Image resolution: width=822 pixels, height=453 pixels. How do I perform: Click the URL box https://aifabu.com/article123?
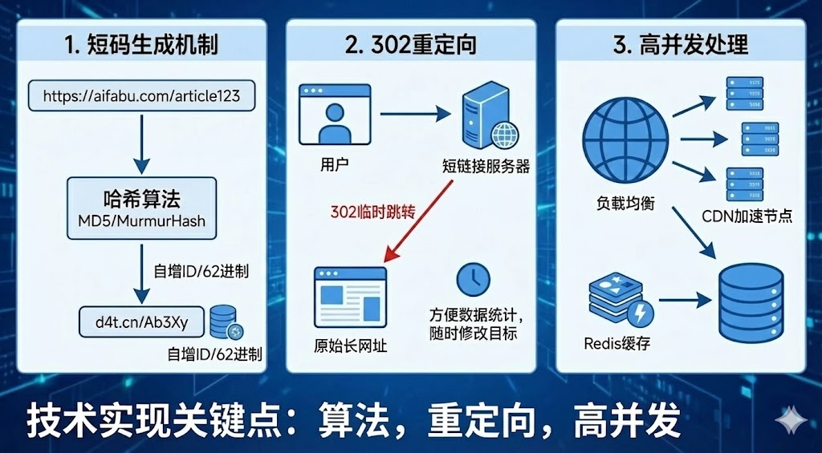coord(141,96)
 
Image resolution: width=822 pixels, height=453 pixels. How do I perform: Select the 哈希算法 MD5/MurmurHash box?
coord(141,208)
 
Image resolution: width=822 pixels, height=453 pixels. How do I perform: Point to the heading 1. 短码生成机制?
coord(141,45)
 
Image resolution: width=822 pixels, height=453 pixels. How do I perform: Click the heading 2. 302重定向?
coord(411,45)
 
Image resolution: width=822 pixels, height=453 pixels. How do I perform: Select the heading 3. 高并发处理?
coord(681,45)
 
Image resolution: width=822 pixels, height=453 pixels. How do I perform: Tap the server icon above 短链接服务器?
coord(486,117)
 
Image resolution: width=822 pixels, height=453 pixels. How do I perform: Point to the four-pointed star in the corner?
coord(791,423)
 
